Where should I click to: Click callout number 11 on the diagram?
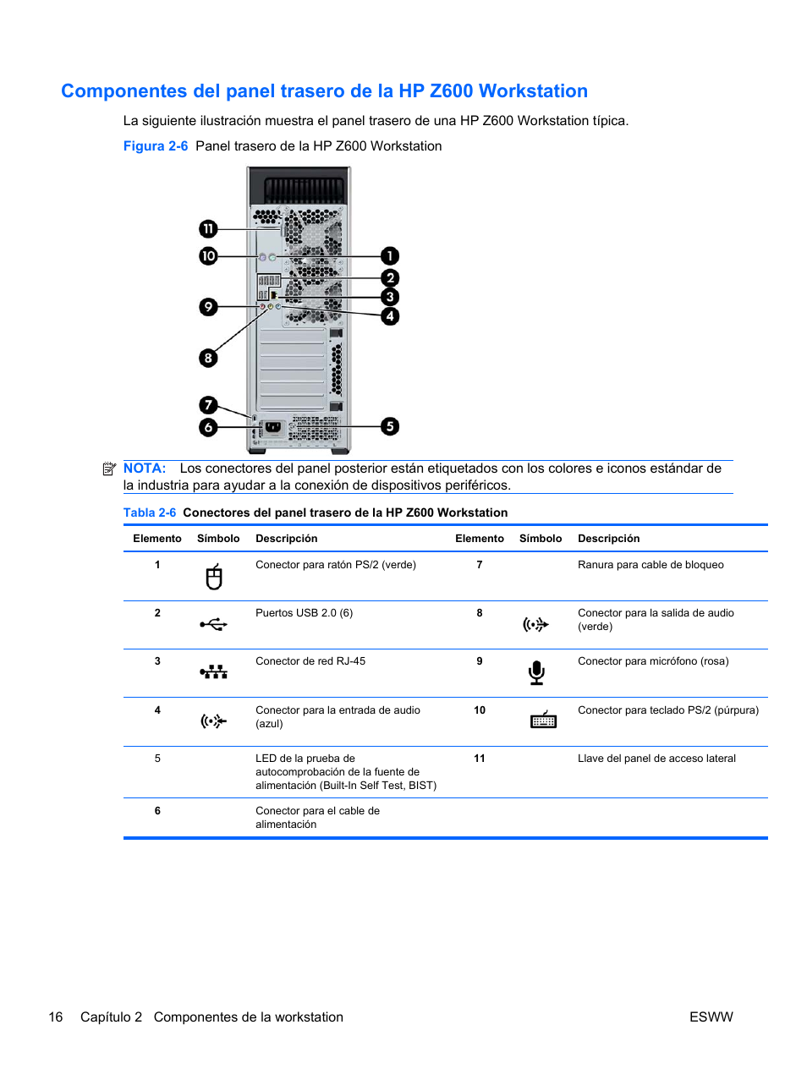click(x=208, y=229)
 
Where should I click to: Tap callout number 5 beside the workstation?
click(x=390, y=426)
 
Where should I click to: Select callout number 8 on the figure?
click(x=208, y=358)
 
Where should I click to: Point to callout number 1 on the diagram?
click(x=390, y=255)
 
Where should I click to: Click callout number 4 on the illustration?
click(x=390, y=316)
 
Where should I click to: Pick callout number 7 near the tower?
click(x=208, y=405)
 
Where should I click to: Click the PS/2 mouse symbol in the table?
click(x=214, y=577)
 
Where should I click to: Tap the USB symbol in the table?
click(x=214, y=624)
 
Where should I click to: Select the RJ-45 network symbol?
click(x=214, y=672)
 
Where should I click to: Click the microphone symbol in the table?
click(x=536, y=673)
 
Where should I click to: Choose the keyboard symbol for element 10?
click(x=543, y=720)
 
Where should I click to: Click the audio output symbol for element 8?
click(x=535, y=625)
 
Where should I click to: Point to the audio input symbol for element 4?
click(x=213, y=721)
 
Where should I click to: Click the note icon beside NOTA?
click(x=109, y=469)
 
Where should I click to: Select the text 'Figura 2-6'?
click(x=156, y=146)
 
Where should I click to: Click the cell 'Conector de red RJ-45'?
click(x=310, y=661)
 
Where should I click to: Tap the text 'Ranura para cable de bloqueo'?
click(x=651, y=565)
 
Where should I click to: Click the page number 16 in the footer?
click(x=56, y=1017)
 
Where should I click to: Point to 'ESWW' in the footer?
click(x=711, y=1017)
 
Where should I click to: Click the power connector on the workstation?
click(x=272, y=427)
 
